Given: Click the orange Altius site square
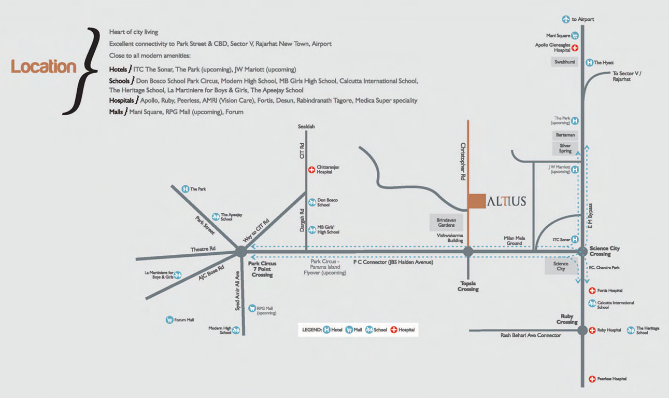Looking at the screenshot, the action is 476,201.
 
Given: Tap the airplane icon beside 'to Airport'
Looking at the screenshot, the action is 566,19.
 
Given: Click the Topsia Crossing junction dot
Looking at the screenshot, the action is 468,252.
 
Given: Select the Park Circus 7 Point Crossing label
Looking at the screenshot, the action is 262,269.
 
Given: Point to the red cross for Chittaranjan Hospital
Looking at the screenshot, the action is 311,170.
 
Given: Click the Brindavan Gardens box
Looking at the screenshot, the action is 446,223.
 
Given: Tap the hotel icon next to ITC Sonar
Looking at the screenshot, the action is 575,239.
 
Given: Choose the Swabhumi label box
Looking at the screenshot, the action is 564,62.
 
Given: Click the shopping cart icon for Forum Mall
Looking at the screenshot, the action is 169,320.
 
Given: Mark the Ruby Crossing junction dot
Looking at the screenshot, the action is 582,330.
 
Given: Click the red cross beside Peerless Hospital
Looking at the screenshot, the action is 592,379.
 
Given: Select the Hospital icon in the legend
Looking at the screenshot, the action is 394,330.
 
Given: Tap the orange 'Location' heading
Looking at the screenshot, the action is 44,66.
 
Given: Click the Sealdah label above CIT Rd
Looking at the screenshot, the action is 306,127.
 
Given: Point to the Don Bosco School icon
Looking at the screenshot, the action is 312,202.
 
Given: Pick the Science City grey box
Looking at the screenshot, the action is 561,266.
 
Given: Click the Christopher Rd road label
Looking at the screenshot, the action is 463,161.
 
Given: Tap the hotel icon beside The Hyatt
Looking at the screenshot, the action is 589,62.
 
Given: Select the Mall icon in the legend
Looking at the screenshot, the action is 349,330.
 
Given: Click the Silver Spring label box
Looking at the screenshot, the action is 565,148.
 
